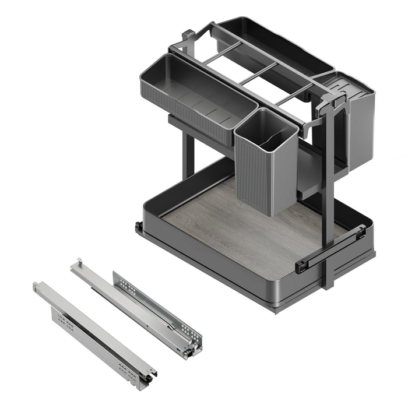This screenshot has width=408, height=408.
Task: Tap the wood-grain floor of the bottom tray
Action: tap(245, 233)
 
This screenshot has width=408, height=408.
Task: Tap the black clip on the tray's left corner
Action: tap(139, 228)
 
